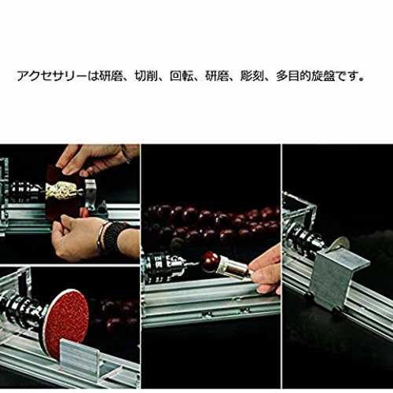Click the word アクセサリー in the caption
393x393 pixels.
pyautogui.click(x=52, y=76)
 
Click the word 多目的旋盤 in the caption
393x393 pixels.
pyautogui.click(x=305, y=76)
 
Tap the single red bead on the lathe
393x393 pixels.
pyautogui.click(x=210, y=263)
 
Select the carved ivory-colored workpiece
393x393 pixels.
pyautogui.click(x=61, y=191)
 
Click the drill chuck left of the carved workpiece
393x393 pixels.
pyautogui.click(x=26, y=189)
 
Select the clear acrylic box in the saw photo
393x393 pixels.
pyautogui.click(x=299, y=210)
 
